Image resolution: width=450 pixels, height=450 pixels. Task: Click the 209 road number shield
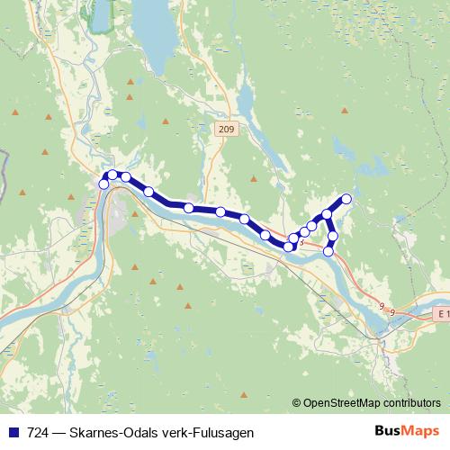226,130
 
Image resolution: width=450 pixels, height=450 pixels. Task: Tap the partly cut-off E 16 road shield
440,314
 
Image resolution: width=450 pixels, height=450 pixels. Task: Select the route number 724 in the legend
39,432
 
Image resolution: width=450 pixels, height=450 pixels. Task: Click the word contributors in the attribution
411,403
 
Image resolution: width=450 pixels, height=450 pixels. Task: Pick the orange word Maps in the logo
419,431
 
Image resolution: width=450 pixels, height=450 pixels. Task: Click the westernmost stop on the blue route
103,184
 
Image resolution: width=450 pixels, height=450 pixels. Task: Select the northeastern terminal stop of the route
346,199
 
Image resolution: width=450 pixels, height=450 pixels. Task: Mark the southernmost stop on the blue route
328,251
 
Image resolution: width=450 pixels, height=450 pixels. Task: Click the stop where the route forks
327,214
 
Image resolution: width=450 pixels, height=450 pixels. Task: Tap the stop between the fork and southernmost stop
333,236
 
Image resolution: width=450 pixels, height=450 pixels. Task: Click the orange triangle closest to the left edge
15,112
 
